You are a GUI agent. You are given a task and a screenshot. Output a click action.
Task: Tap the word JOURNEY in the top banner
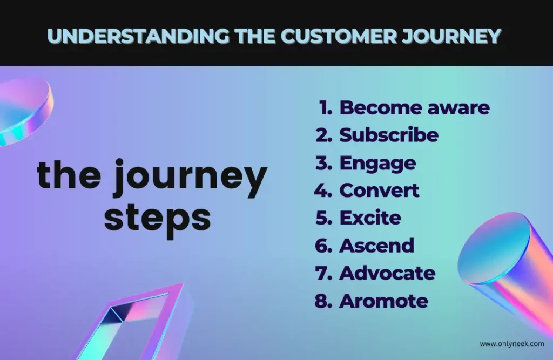452,36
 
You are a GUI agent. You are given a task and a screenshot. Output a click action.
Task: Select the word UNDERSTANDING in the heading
138,36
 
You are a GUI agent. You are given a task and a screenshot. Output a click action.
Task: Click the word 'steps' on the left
157,218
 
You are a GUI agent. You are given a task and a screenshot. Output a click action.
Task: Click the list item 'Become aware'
414,107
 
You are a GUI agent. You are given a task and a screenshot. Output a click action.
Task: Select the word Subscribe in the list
389,135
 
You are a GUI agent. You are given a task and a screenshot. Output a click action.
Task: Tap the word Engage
377,164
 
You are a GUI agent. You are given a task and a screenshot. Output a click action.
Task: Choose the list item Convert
379,191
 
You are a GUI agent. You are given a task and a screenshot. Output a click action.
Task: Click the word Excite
370,218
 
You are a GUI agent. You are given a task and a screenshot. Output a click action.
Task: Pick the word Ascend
376,246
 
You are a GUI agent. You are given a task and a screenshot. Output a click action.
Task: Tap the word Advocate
387,273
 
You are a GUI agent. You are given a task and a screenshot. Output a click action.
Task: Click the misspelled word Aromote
384,301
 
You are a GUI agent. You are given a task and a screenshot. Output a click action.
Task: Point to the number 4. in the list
323,191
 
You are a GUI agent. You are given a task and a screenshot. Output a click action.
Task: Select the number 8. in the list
323,301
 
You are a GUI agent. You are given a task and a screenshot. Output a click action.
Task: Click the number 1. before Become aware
326,107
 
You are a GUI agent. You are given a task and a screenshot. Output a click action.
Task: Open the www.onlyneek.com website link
512,344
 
